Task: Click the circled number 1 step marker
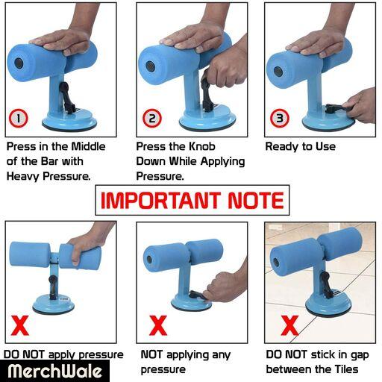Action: tap(19, 118)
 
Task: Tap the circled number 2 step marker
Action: tap(152, 118)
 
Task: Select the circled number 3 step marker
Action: tap(280, 118)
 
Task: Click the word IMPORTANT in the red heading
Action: tap(160, 200)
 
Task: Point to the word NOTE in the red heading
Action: tap(256, 200)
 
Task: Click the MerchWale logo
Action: tap(54, 371)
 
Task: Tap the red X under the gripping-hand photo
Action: tap(20, 325)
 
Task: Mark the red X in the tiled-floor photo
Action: tap(289, 325)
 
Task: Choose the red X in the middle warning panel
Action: tap(158, 325)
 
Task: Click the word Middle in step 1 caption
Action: tap(88, 146)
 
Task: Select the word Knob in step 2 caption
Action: tap(202, 146)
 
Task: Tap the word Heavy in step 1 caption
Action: tap(23, 176)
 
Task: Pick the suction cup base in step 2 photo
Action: tap(207, 119)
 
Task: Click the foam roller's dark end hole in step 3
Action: tap(278, 72)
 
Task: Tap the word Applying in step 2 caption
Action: tap(223, 162)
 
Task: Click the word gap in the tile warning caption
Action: tap(360, 355)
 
